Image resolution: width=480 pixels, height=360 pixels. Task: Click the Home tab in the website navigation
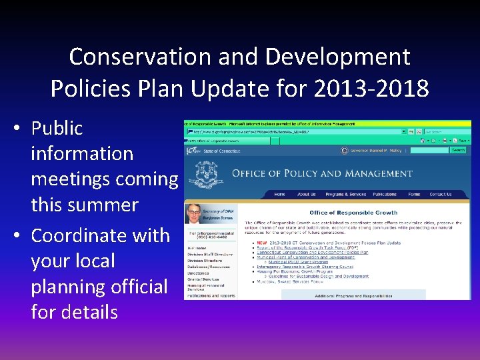click(x=279, y=195)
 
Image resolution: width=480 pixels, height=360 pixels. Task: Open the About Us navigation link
click(x=306, y=195)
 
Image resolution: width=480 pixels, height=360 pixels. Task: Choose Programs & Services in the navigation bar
click(x=345, y=195)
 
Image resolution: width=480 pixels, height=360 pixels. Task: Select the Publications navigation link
click(x=385, y=195)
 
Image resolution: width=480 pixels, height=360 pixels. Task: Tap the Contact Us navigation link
click(x=440, y=195)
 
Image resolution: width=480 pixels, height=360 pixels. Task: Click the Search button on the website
click(x=458, y=150)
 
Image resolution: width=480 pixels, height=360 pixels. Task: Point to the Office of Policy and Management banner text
click(x=322, y=174)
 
